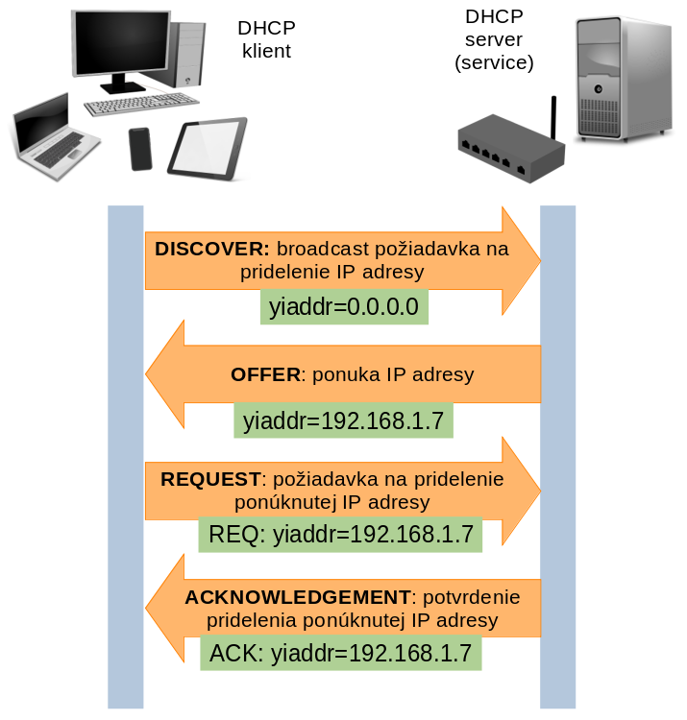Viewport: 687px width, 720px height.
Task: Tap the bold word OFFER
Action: [266, 374]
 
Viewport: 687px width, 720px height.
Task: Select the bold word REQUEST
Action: [210, 478]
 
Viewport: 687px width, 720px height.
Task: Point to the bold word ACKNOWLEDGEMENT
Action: [298, 597]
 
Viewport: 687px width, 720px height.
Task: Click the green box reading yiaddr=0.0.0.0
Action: [344, 308]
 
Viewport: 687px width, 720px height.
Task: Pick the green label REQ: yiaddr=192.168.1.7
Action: [340, 534]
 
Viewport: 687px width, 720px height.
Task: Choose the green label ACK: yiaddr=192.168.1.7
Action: [340, 654]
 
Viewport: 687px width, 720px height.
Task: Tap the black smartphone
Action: [141, 149]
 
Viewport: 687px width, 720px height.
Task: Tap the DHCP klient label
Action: [265, 40]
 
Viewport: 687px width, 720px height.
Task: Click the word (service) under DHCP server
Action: [494, 63]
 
